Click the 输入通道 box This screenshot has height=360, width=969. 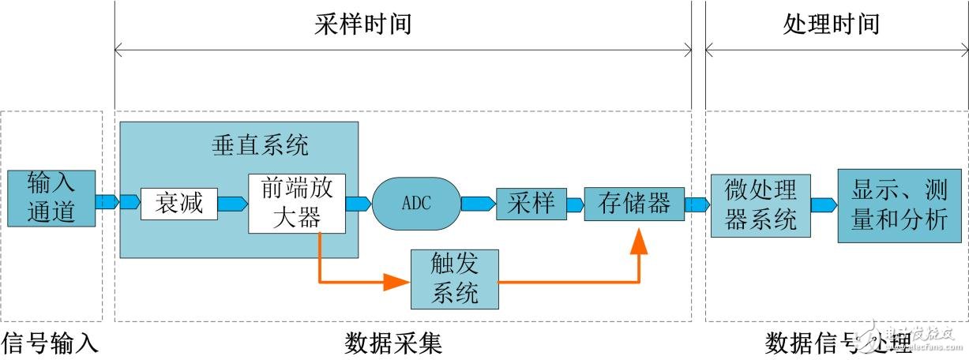[51, 197]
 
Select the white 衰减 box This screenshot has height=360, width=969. [178, 204]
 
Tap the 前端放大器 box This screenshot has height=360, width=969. [296, 204]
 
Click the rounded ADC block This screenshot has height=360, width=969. [416, 203]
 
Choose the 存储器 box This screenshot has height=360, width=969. [633, 204]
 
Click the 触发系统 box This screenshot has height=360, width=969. [455, 279]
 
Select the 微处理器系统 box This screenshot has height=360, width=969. [760, 204]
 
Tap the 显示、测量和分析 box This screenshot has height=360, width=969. [899, 204]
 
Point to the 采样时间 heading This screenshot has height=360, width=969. [362, 24]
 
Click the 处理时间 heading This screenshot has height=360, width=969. [831, 24]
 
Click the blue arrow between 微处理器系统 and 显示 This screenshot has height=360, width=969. [823, 205]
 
